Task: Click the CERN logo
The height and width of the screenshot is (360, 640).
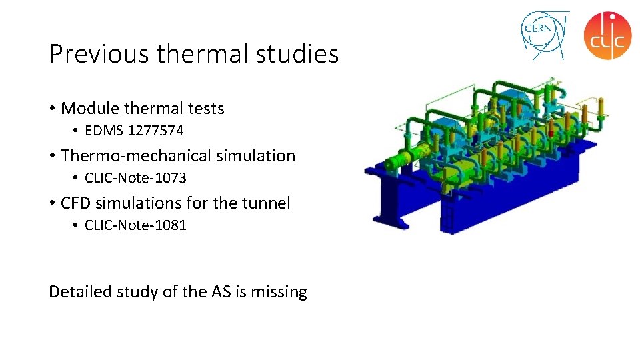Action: (544, 35)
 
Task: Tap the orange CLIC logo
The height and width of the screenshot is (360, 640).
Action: (607, 35)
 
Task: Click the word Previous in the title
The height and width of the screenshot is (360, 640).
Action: (99, 54)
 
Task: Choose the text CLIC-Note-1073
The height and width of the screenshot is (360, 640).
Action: (135, 178)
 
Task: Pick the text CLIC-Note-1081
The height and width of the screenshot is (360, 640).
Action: (135, 225)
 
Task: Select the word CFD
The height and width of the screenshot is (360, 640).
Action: (77, 203)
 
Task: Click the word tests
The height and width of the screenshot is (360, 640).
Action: (205, 108)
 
